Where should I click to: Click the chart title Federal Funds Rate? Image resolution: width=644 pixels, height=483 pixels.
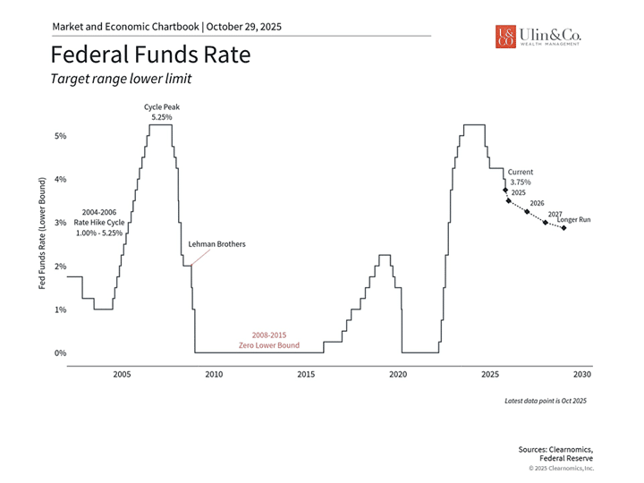point(150,55)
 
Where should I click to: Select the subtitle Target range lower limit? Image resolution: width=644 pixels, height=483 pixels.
point(121,79)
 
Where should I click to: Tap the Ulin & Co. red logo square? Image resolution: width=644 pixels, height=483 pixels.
point(505,36)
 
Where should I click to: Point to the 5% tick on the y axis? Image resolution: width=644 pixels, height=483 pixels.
point(61,136)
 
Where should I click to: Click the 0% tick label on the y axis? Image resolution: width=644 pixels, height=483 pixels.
point(61,353)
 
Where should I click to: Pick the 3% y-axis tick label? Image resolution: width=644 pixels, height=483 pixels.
point(61,223)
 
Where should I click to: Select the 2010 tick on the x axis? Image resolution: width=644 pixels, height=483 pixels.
point(214,375)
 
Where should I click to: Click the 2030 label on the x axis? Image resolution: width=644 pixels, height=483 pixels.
point(581,375)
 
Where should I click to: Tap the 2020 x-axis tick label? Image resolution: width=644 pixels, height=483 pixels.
point(398,375)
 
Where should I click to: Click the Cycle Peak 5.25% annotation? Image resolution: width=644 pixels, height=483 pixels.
point(160,112)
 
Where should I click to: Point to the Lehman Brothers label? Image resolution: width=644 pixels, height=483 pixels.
point(216,244)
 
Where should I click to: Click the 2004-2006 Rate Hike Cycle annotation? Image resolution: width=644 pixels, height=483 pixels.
point(99,222)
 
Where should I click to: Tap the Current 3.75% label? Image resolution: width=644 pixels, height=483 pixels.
point(520,175)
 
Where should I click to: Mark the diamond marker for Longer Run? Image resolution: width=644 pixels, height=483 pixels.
point(563,228)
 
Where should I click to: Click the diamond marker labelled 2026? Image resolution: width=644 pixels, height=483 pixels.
point(527,212)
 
